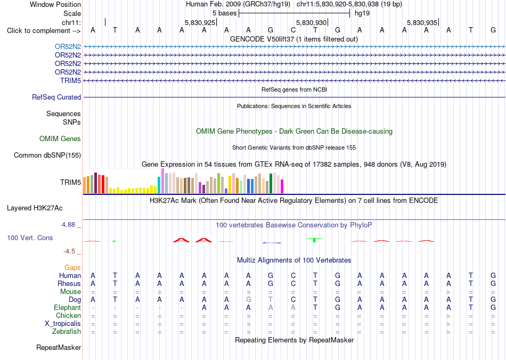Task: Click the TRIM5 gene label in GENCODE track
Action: [70, 80]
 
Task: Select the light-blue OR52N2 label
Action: [68, 46]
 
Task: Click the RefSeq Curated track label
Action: [56, 97]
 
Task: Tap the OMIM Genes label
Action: [60, 138]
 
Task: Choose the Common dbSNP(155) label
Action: [47, 155]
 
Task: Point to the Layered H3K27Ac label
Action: [35, 208]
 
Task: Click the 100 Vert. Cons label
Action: [30, 238]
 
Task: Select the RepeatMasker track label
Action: [59, 347]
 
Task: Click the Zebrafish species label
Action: [67, 331]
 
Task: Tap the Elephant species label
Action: [68, 307]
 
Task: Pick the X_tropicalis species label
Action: [63, 324]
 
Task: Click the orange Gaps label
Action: [72, 267]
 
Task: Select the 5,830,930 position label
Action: [312, 22]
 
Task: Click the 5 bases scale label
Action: [224, 13]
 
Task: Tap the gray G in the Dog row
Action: [249, 300]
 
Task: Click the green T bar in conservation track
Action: [314, 240]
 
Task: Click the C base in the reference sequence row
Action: [293, 30]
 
